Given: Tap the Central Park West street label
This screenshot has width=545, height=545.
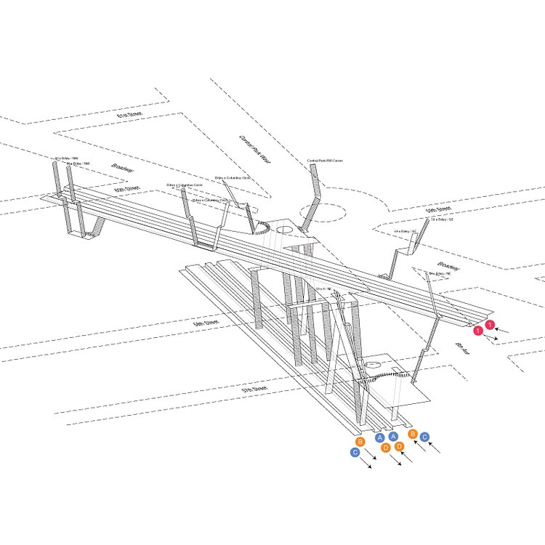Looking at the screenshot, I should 254,149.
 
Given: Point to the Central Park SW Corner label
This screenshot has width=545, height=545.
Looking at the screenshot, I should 324,160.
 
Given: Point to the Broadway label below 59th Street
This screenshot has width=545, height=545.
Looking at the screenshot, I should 448,267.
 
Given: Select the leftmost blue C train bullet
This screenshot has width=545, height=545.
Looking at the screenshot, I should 355,452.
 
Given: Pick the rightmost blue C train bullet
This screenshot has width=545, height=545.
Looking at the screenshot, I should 425,437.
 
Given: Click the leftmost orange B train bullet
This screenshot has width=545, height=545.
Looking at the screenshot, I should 360,441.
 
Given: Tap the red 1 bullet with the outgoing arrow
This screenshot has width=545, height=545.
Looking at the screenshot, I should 477,331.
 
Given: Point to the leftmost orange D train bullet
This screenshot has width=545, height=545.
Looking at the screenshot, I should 385,448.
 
